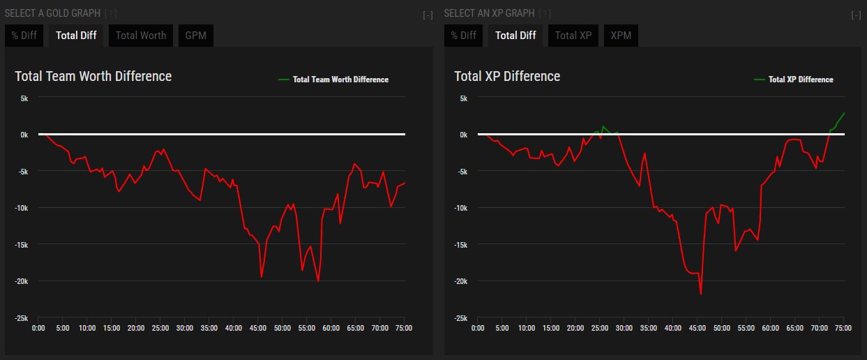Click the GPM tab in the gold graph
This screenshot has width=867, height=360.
tap(196, 36)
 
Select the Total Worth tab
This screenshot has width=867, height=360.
tap(141, 36)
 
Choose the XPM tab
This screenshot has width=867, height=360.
tap(621, 36)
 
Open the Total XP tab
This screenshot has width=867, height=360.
tap(573, 36)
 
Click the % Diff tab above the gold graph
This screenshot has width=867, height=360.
tap(24, 36)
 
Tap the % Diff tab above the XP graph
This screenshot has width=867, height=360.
tap(463, 36)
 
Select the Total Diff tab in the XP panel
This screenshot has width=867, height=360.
tap(515, 36)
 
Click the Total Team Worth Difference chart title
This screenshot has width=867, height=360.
tap(93, 76)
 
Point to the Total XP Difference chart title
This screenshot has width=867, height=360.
tap(507, 76)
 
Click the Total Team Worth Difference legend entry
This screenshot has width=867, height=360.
tap(340, 80)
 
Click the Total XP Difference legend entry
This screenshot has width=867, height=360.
tap(800, 80)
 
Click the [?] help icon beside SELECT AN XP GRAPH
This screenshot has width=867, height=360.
tap(545, 13)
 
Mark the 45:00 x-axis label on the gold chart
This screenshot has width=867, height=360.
tap(257, 328)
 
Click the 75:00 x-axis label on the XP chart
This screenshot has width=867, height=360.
tap(843, 328)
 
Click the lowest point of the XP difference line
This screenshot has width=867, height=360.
tap(700, 294)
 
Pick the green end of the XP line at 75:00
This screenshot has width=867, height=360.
tap(844, 112)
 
